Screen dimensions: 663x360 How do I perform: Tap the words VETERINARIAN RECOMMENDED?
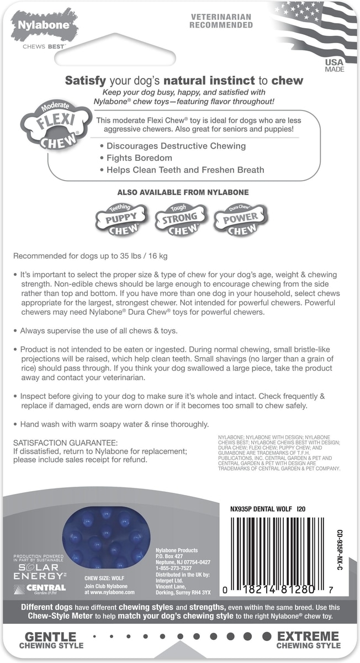coord(221,22)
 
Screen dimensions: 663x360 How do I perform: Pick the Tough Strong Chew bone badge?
coord(180,220)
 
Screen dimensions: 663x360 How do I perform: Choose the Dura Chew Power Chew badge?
coord(240,220)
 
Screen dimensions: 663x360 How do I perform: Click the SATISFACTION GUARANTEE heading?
coord(65,443)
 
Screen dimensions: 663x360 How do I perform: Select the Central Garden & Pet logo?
coord(41,589)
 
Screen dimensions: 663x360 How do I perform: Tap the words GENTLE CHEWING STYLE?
coord(51,640)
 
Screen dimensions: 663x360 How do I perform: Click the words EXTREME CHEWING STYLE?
coord(309,640)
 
